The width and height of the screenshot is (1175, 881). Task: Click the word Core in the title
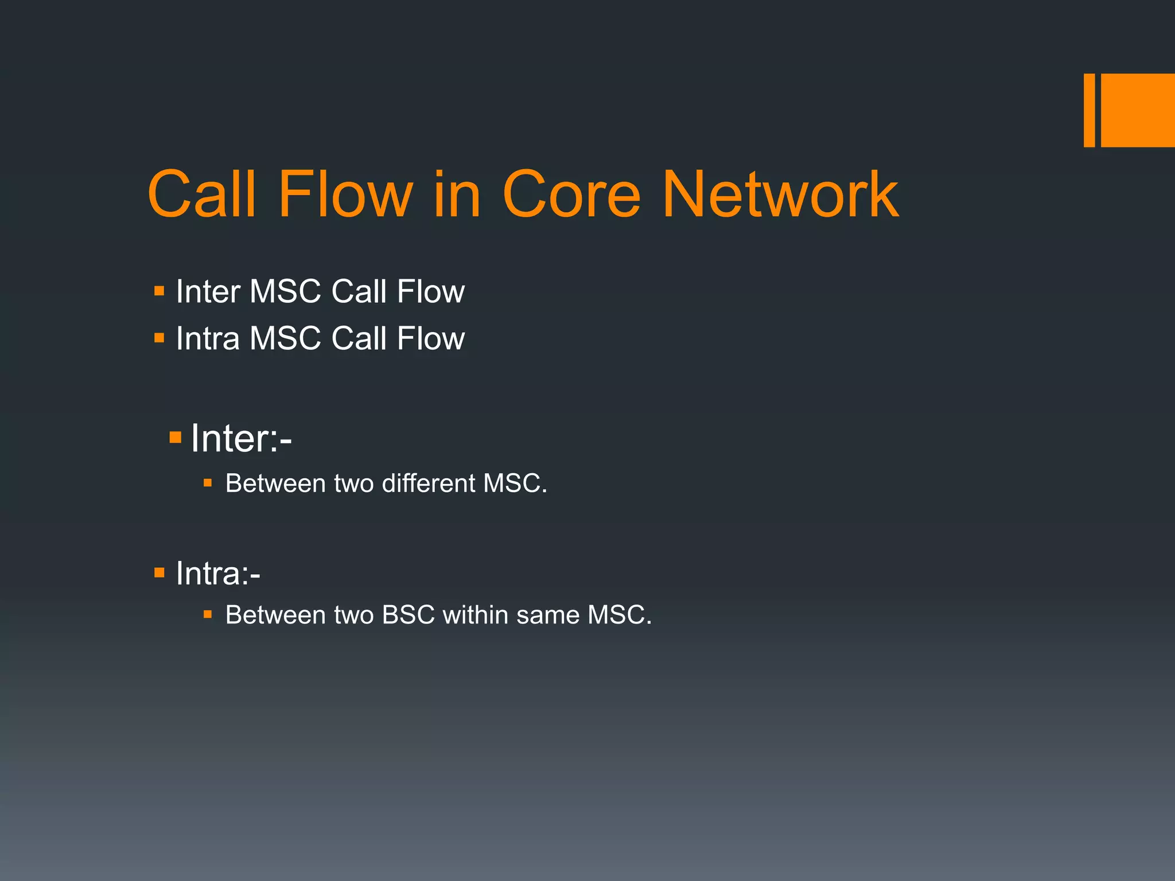pyautogui.click(x=571, y=195)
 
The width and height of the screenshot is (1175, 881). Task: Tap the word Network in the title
pyautogui.click(x=780, y=195)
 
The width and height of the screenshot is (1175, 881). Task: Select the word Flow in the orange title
pyautogui.click(x=345, y=195)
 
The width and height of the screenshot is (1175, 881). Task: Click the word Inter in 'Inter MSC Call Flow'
pyautogui.click(x=208, y=291)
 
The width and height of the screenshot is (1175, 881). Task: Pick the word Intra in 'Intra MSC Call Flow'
pyautogui.click(x=208, y=338)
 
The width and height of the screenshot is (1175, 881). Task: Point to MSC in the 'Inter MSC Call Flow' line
pyautogui.click(x=285, y=291)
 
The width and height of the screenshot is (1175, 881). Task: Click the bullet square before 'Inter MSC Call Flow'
pyautogui.click(x=159, y=291)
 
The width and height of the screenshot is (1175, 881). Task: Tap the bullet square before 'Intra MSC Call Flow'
pyautogui.click(x=159, y=338)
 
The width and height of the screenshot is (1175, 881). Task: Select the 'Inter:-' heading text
pyautogui.click(x=241, y=438)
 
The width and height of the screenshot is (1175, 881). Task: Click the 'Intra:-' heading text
pyautogui.click(x=218, y=573)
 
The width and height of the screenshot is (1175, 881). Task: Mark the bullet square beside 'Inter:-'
pyautogui.click(x=176, y=439)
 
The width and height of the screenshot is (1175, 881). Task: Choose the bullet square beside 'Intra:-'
pyautogui.click(x=159, y=572)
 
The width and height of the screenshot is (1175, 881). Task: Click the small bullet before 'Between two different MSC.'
pyautogui.click(x=208, y=484)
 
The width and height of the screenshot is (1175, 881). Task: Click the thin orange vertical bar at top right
pyautogui.click(x=1089, y=110)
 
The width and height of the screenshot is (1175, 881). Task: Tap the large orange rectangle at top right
pyautogui.click(x=1138, y=110)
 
